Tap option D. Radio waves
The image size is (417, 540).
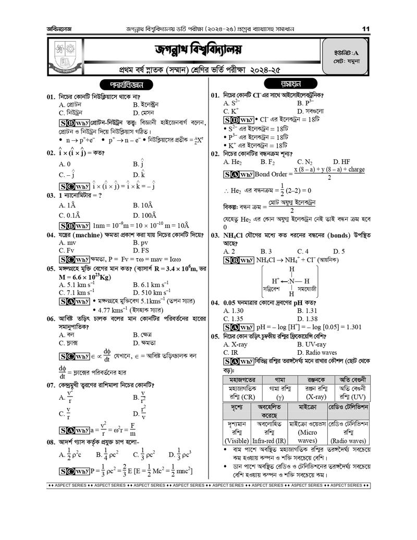click(x=317, y=353)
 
